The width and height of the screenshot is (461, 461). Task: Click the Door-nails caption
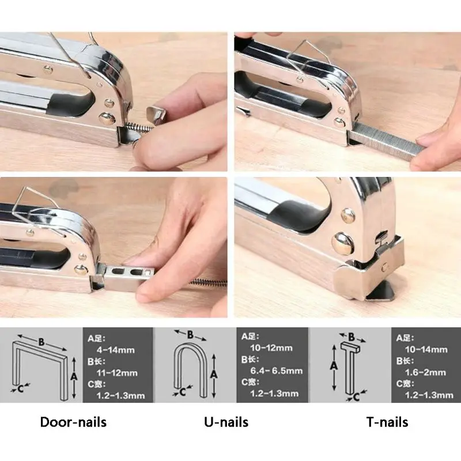[73, 422]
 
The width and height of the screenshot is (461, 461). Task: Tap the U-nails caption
[226, 422]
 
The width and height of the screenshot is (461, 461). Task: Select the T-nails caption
[387, 422]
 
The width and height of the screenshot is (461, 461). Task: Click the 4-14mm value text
[116, 350]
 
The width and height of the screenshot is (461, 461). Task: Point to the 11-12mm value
[117, 373]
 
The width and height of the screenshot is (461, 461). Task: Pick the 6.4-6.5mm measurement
[277, 371]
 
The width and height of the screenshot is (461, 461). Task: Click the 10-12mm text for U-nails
[271, 348]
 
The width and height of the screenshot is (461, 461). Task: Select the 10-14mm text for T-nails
[426, 350]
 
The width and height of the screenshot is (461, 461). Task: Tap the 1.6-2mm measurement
[425, 372]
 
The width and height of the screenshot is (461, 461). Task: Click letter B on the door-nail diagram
[41, 342]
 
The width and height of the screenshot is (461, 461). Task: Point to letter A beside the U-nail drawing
[214, 374]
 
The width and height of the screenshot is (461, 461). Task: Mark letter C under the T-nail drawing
[356, 397]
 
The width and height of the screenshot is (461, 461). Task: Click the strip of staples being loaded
[385, 141]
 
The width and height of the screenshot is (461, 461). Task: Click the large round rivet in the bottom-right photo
[342, 243]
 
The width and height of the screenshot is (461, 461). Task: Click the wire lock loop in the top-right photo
[309, 59]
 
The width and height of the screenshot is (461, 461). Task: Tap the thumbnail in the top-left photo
[156, 115]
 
